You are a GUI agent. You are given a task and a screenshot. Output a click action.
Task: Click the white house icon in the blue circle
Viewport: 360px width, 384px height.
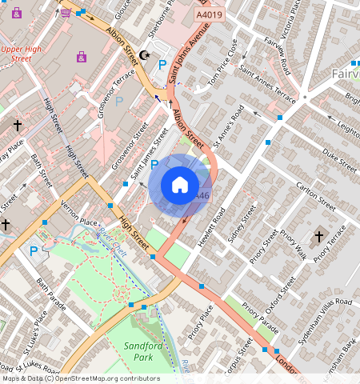[x=180, y=186]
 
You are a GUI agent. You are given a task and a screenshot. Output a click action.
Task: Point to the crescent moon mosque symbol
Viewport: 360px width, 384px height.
[x=146, y=54]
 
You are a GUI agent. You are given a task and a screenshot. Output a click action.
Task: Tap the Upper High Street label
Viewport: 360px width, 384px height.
[x=26, y=54]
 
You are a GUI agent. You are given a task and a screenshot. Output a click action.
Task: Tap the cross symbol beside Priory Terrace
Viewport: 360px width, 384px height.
[x=318, y=237]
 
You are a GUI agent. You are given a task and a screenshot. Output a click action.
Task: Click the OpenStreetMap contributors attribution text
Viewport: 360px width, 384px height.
[x=80, y=378]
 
